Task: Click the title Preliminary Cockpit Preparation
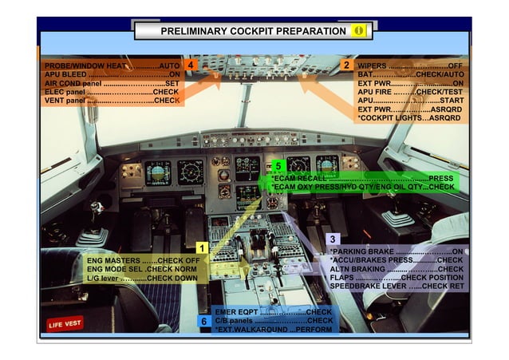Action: [253, 31]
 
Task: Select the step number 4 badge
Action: [190, 65]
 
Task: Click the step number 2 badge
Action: [346, 65]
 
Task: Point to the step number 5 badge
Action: [277, 166]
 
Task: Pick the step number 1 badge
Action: [202, 248]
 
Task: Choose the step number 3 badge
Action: [333, 239]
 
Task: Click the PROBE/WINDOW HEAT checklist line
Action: [112, 65]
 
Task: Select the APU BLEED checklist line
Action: [112, 74]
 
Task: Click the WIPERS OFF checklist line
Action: [409, 65]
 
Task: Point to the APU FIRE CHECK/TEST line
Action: [409, 92]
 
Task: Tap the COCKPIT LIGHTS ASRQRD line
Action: [409, 118]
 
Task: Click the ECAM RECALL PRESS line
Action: [363, 178]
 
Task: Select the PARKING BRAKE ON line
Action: [397, 251]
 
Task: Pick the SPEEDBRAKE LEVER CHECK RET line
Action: [397, 286]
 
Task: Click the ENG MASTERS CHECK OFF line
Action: [143, 261]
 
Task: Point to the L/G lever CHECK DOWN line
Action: [141, 279]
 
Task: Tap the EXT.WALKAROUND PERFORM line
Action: [273, 329]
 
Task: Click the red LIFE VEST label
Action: [65, 323]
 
